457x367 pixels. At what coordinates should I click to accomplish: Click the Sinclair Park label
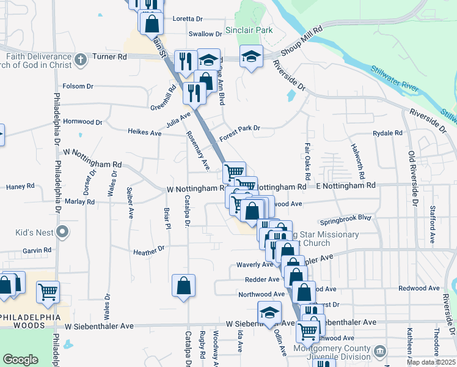pyautogui.click(x=248, y=29)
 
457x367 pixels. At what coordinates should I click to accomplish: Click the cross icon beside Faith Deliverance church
pyautogui.click(x=81, y=60)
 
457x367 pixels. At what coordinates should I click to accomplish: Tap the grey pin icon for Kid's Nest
pyautogui.click(x=61, y=232)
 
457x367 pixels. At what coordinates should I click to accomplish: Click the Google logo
pyautogui.click(x=20, y=360)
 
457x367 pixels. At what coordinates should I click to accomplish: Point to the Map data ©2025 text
pyautogui.click(x=431, y=362)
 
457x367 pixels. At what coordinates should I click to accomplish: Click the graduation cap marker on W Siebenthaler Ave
pyautogui.click(x=269, y=313)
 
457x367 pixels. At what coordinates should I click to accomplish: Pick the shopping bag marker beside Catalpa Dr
pyautogui.click(x=183, y=285)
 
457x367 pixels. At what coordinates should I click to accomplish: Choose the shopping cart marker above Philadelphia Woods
pyautogui.click(x=48, y=292)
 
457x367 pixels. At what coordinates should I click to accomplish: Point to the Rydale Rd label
pyautogui.click(x=388, y=133)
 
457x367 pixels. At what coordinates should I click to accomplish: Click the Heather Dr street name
pyautogui.click(x=149, y=250)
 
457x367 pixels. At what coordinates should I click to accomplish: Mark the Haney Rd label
pyautogui.click(x=20, y=186)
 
